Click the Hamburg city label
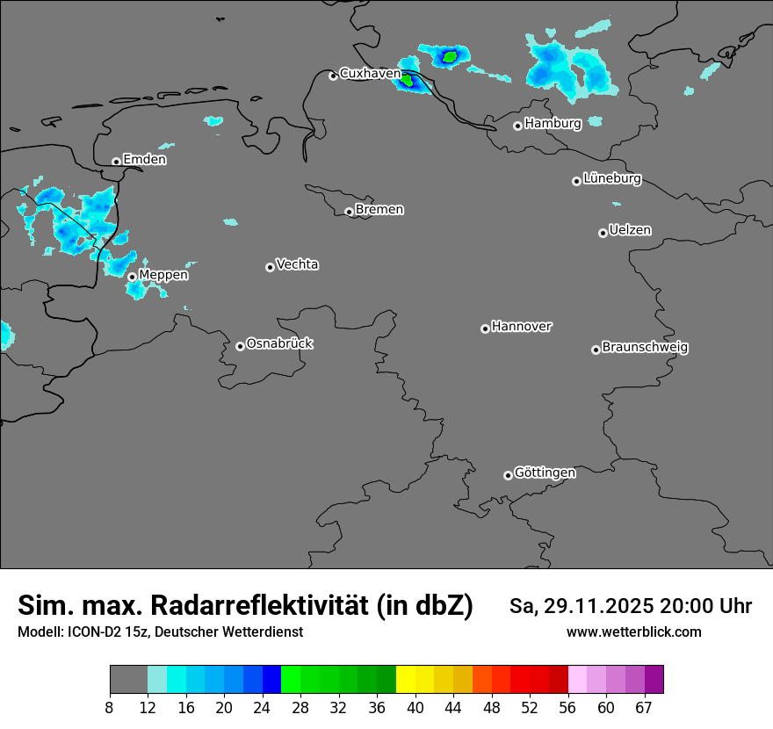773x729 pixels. [553, 124]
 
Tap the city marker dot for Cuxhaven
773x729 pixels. [333, 76]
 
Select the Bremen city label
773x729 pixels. [379, 210]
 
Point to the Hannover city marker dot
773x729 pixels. [485, 328]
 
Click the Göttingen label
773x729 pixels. [545, 473]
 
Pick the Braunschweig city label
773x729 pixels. [645, 348]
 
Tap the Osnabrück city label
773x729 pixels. [279, 344]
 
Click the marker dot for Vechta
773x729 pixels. [270, 267]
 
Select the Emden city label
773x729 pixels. [144, 160]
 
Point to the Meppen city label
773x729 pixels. [163, 276]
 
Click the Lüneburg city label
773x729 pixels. [611, 179]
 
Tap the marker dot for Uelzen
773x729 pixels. [603, 233]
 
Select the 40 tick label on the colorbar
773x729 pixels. [415, 708]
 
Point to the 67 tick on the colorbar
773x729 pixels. [644, 708]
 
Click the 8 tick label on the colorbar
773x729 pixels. [110, 708]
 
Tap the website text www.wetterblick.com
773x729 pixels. [633, 632]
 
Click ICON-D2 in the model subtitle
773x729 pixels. [90, 632]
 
